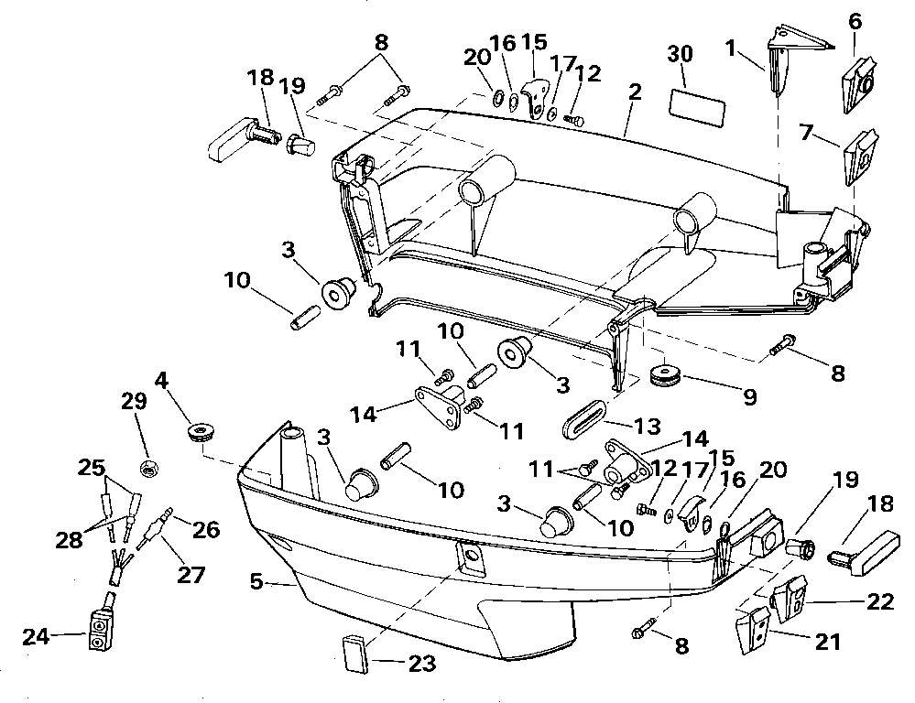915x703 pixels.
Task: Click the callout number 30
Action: tap(680, 54)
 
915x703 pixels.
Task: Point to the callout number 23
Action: tap(422, 664)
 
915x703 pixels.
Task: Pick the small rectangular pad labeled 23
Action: tap(355, 654)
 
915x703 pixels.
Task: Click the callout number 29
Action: tap(135, 401)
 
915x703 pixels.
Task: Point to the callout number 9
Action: tap(749, 397)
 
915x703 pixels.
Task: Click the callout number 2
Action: tap(635, 92)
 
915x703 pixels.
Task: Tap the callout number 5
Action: tap(256, 581)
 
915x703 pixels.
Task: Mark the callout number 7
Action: tap(806, 133)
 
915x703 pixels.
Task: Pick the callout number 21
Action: tap(827, 643)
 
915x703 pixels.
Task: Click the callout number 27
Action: tap(191, 575)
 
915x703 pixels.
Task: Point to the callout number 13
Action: tap(648, 426)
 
